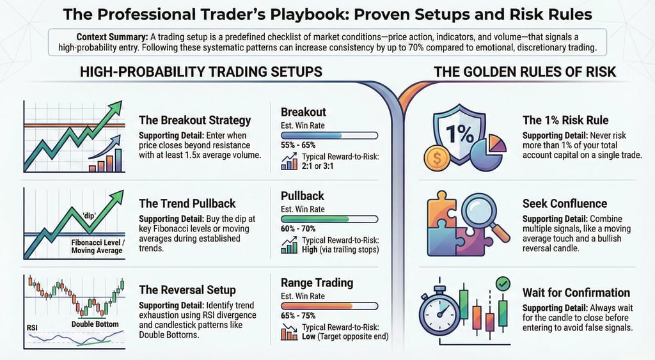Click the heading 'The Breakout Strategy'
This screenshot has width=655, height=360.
[x=194, y=120]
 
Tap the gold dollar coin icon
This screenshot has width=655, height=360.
[x=438, y=158]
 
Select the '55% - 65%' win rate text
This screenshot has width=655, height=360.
[x=298, y=145]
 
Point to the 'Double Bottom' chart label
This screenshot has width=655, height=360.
[x=95, y=324]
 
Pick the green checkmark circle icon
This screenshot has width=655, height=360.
[x=503, y=284]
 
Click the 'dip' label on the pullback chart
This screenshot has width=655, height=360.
[x=90, y=216]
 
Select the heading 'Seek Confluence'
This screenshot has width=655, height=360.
[x=565, y=203]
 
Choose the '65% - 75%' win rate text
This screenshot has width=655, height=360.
[x=298, y=315]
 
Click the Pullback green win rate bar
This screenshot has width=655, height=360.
[x=329, y=219]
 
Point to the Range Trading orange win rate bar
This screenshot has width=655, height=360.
[x=329, y=306]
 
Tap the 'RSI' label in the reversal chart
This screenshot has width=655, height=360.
[x=32, y=328]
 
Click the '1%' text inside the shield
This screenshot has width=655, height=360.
[x=460, y=134]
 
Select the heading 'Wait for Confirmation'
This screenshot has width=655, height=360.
[x=576, y=292]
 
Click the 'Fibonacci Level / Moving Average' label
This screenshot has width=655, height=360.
[x=97, y=246]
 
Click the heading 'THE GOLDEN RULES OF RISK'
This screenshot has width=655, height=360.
[x=525, y=72]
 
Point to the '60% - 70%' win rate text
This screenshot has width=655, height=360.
[x=298, y=228]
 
